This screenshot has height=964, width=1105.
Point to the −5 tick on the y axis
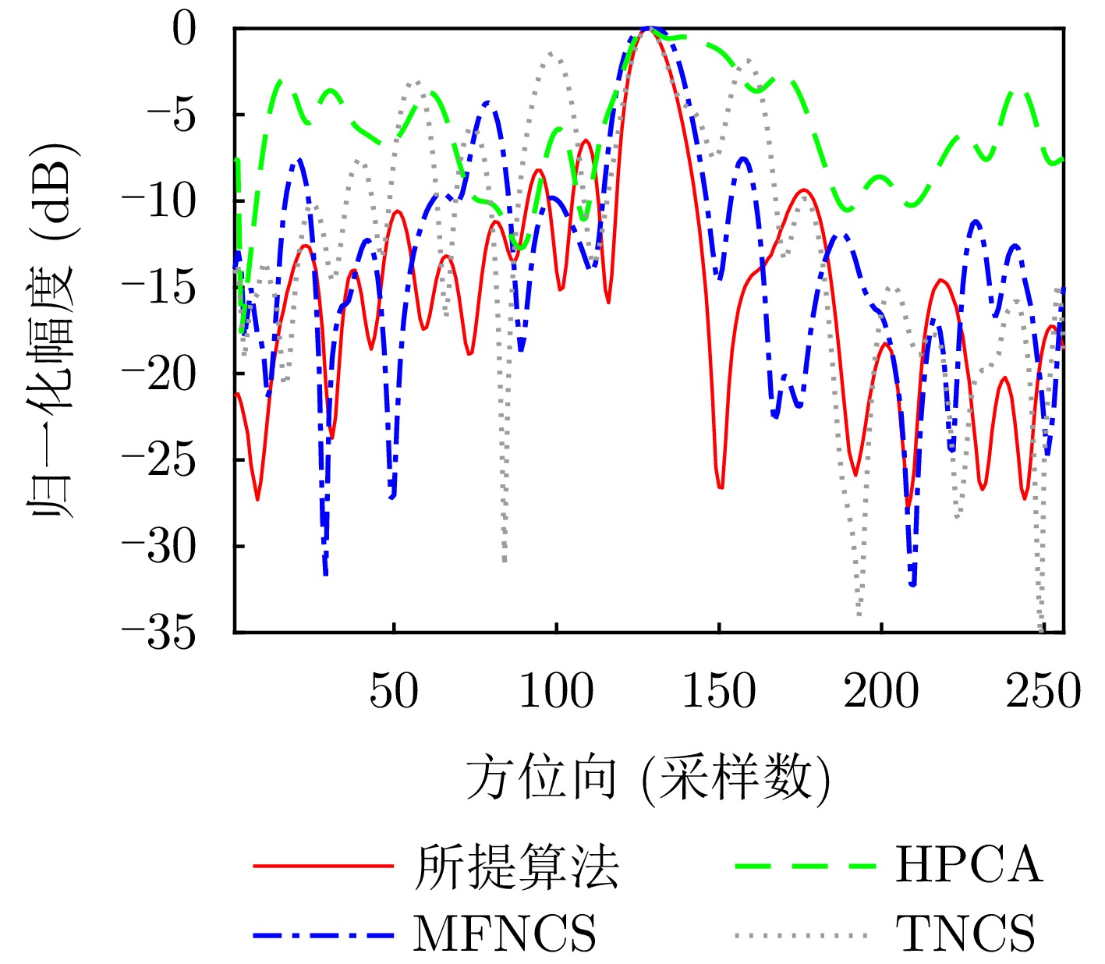tap(173, 115)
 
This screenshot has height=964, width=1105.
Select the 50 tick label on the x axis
tap(394, 691)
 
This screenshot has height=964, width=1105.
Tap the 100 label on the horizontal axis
tap(556, 691)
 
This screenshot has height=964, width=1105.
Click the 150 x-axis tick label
tap(718, 691)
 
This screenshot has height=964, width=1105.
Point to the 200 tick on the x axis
tap(880, 691)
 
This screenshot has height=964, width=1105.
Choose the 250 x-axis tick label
tap(1043, 691)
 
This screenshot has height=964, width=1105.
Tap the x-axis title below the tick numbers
tap(648, 778)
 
